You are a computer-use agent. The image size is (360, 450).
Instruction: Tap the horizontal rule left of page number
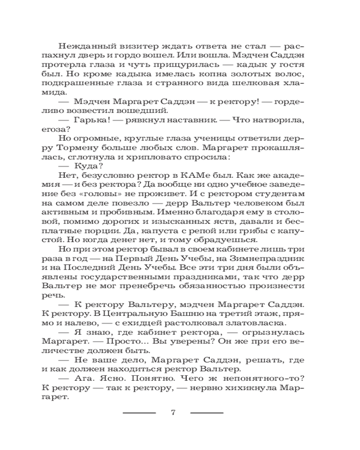coord(139,413)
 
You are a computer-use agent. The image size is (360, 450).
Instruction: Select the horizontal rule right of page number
coord(207,413)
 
